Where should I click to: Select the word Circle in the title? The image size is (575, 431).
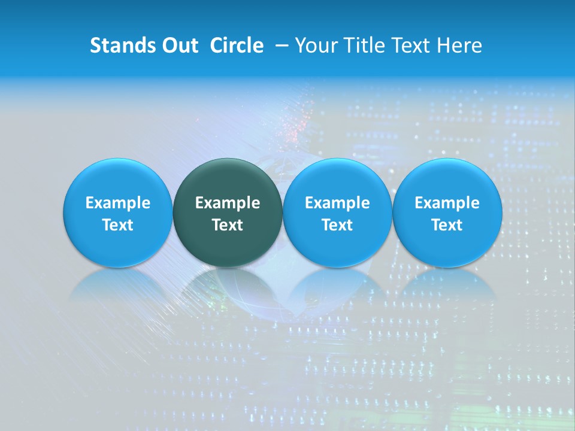click(x=237, y=45)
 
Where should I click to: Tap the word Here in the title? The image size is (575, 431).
click(x=459, y=45)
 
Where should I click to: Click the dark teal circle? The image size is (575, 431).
click(x=228, y=213)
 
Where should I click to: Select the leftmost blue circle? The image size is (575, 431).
click(x=117, y=213)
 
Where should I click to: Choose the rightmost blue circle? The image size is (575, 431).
click(x=447, y=213)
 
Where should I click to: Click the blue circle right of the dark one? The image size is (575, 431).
click(x=337, y=213)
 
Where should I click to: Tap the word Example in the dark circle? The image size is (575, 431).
click(x=228, y=203)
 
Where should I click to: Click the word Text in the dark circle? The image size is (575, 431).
click(x=228, y=225)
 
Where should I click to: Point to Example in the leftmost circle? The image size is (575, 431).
click(x=117, y=203)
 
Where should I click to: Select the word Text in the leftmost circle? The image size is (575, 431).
click(x=117, y=225)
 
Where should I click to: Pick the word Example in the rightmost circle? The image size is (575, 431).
click(x=447, y=203)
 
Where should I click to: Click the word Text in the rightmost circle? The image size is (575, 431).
click(x=447, y=225)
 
